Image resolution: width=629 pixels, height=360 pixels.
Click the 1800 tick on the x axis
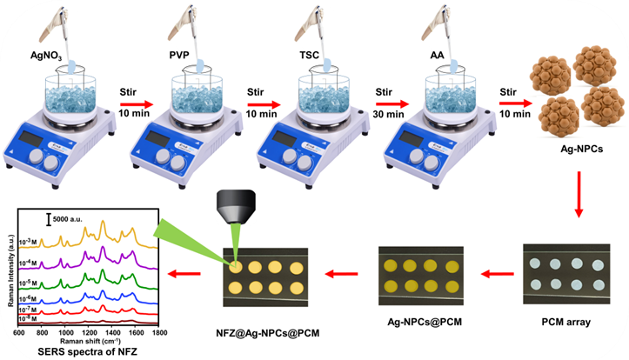pos(158,332)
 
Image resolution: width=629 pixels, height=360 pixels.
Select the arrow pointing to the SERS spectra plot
pos(184,273)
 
